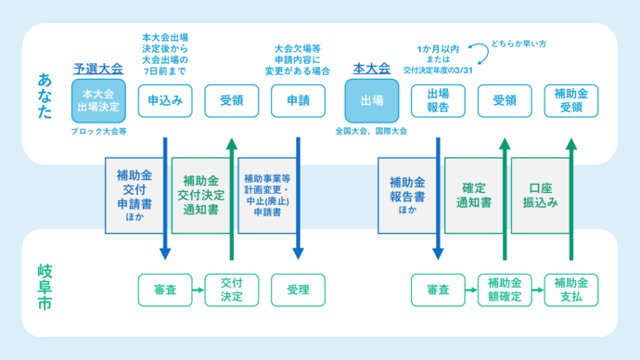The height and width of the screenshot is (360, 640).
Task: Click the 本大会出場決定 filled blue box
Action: [98, 101]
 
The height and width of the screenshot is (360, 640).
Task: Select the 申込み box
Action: [165, 100]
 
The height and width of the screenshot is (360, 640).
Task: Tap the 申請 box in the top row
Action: [299, 100]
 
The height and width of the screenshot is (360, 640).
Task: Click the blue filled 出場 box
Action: [371, 101]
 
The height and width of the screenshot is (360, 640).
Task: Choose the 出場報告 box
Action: [438, 100]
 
